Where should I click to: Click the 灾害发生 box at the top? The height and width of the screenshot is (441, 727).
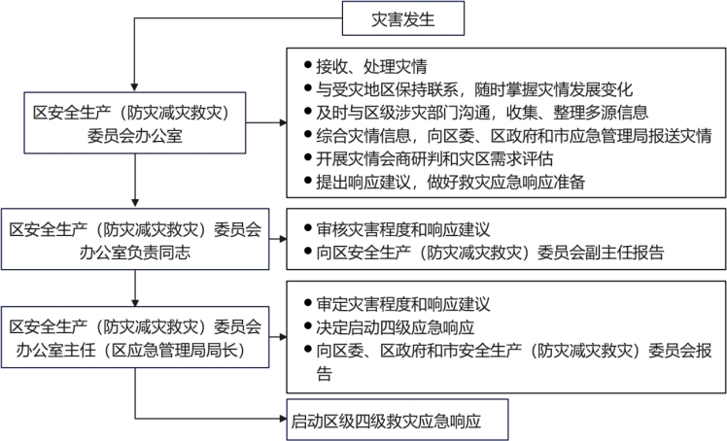pyautogui.click(x=403, y=18)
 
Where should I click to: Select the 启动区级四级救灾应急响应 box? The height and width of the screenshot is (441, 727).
pyautogui.click(x=398, y=420)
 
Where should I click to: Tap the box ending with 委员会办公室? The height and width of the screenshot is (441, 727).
pyautogui.click(x=135, y=122)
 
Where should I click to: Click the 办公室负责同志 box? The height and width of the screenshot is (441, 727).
pyautogui.click(x=135, y=239)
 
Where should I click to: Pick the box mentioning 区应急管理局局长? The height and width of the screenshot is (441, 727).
pyautogui.click(x=135, y=337)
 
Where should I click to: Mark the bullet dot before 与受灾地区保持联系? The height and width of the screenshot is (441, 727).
pyautogui.click(x=307, y=87)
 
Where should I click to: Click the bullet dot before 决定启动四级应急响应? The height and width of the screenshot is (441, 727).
pyautogui.click(x=307, y=325)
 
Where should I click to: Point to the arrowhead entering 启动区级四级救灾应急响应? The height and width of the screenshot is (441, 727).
pyautogui.click(x=283, y=419)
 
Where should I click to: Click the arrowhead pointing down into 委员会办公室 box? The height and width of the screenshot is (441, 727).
pyautogui.click(x=134, y=87)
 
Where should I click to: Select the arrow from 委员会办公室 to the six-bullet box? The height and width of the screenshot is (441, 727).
pyautogui.click(x=266, y=122)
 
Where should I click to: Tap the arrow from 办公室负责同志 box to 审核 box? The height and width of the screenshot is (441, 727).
pyautogui.click(x=278, y=239)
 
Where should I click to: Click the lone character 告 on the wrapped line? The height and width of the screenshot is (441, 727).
pyautogui.click(x=324, y=373)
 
